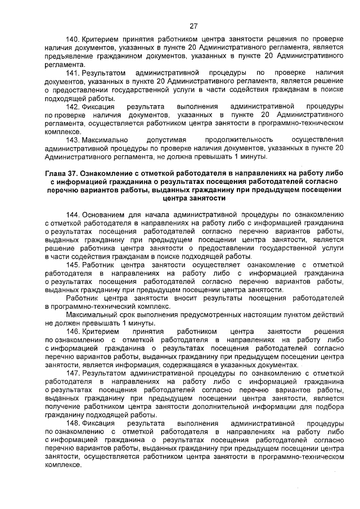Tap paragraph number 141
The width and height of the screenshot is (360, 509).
pyautogui.click(x=73, y=74)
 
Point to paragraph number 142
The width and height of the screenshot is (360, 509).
pyautogui.click(x=73, y=106)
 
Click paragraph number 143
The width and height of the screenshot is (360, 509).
pyautogui.click(x=73, y=139)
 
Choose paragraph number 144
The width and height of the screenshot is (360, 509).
pyautogui.click(x=73, y=214)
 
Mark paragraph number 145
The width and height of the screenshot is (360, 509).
pyautogui.click(x=73, y=264)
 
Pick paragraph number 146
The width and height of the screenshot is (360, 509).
pyautogui.click(x=73, y=331)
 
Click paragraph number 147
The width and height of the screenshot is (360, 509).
pyautogui.click(x=73, y=373)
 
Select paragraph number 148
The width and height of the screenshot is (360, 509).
pyautogui.click(x=73, y=422)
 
